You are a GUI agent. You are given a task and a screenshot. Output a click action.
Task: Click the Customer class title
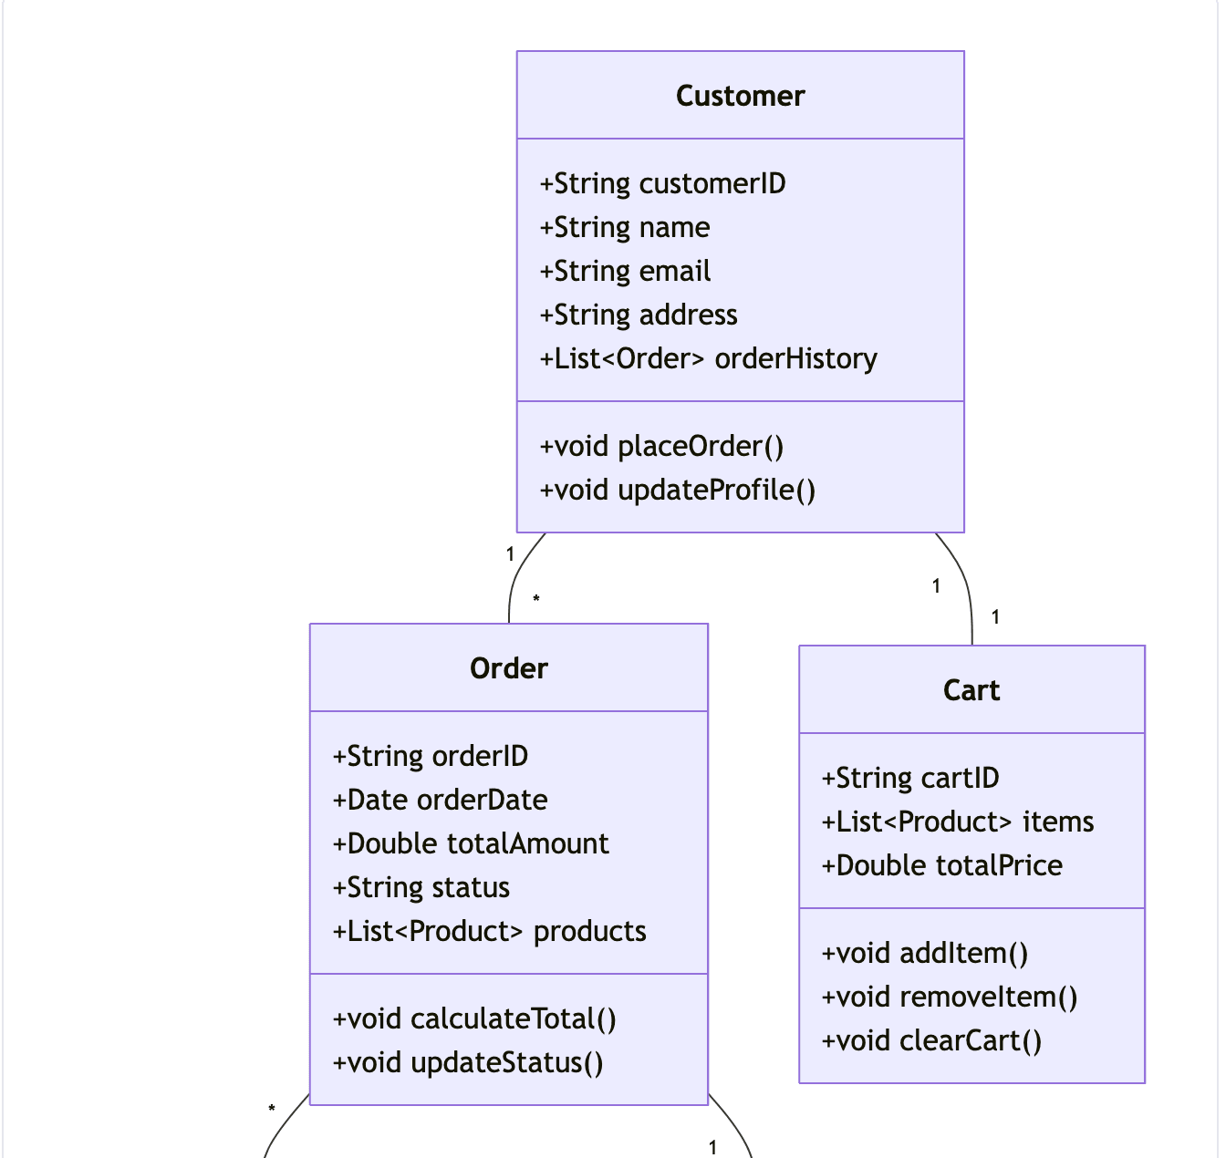pos(740,96)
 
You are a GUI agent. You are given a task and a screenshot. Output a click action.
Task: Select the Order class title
pos(508,668)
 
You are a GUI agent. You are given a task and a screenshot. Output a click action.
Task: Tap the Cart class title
pos(971,690)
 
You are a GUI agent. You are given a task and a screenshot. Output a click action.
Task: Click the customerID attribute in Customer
pos(662,183)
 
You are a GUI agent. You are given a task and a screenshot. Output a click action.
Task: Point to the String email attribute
pos(625,271)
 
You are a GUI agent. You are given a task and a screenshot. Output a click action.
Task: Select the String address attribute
pos(639,315)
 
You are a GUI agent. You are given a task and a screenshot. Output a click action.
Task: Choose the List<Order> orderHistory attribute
pos(708,358)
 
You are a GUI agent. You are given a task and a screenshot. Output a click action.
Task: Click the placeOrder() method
pos(661,446)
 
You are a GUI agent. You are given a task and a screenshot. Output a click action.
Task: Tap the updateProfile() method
pos(677,490)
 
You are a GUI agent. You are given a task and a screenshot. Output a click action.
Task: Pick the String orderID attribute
pos(430,756)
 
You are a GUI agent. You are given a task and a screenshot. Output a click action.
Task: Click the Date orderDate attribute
pos(440,800)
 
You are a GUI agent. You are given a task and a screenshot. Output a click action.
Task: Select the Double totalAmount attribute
pos(470,843)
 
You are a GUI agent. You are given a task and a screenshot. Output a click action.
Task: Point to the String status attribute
pos(421,887)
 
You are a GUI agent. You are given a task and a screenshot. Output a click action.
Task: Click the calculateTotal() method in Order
pos(474,1018)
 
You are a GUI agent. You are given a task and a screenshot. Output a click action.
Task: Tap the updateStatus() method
pos(467,1062)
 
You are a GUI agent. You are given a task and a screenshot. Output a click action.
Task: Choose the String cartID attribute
pos(909,778)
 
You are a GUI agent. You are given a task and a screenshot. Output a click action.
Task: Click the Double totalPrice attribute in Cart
pos(941,865)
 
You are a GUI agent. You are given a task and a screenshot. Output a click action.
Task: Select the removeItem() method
pos(949,997)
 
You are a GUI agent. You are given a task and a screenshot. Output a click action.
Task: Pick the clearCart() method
pos(931,1040)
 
